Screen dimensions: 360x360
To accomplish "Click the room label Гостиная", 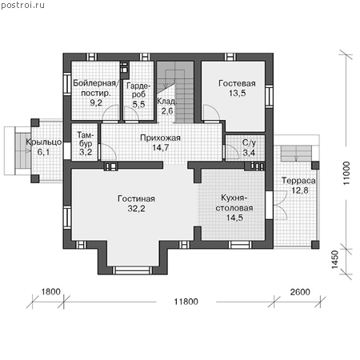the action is (x=136, y=198).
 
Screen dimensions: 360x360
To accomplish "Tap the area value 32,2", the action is (x=136, y=209).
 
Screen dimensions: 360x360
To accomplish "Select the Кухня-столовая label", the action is (x=234, y=203).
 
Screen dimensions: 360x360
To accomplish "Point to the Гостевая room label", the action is (x=237, y=83).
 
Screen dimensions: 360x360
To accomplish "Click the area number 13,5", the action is (x=237, y=94).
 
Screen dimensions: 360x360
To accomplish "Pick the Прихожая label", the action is (x=160, y=138).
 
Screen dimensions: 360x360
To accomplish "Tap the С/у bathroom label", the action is (x=249, y=143).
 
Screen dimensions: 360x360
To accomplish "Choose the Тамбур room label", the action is (x=86, y=139).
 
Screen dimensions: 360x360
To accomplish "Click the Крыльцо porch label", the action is (x=44, y=142).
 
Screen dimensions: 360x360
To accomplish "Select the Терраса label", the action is (x=298, y=181).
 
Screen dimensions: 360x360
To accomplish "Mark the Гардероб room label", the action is (x=138, y=90).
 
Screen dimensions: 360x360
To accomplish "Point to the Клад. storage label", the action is (x=166, y=102).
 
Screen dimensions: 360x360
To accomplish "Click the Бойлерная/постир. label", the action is (x=95, y=88).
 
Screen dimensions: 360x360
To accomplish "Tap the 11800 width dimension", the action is (x=186, y=302).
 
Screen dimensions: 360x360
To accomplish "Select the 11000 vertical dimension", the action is (x=346, y=173).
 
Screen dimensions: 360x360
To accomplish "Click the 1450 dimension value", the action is (x=335, y=259).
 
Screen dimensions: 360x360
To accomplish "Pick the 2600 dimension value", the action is (x=300, y=292).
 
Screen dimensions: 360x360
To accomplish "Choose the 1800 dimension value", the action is (x=50, y=292).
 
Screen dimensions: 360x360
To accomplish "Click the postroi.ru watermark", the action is (x=22, y=5).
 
